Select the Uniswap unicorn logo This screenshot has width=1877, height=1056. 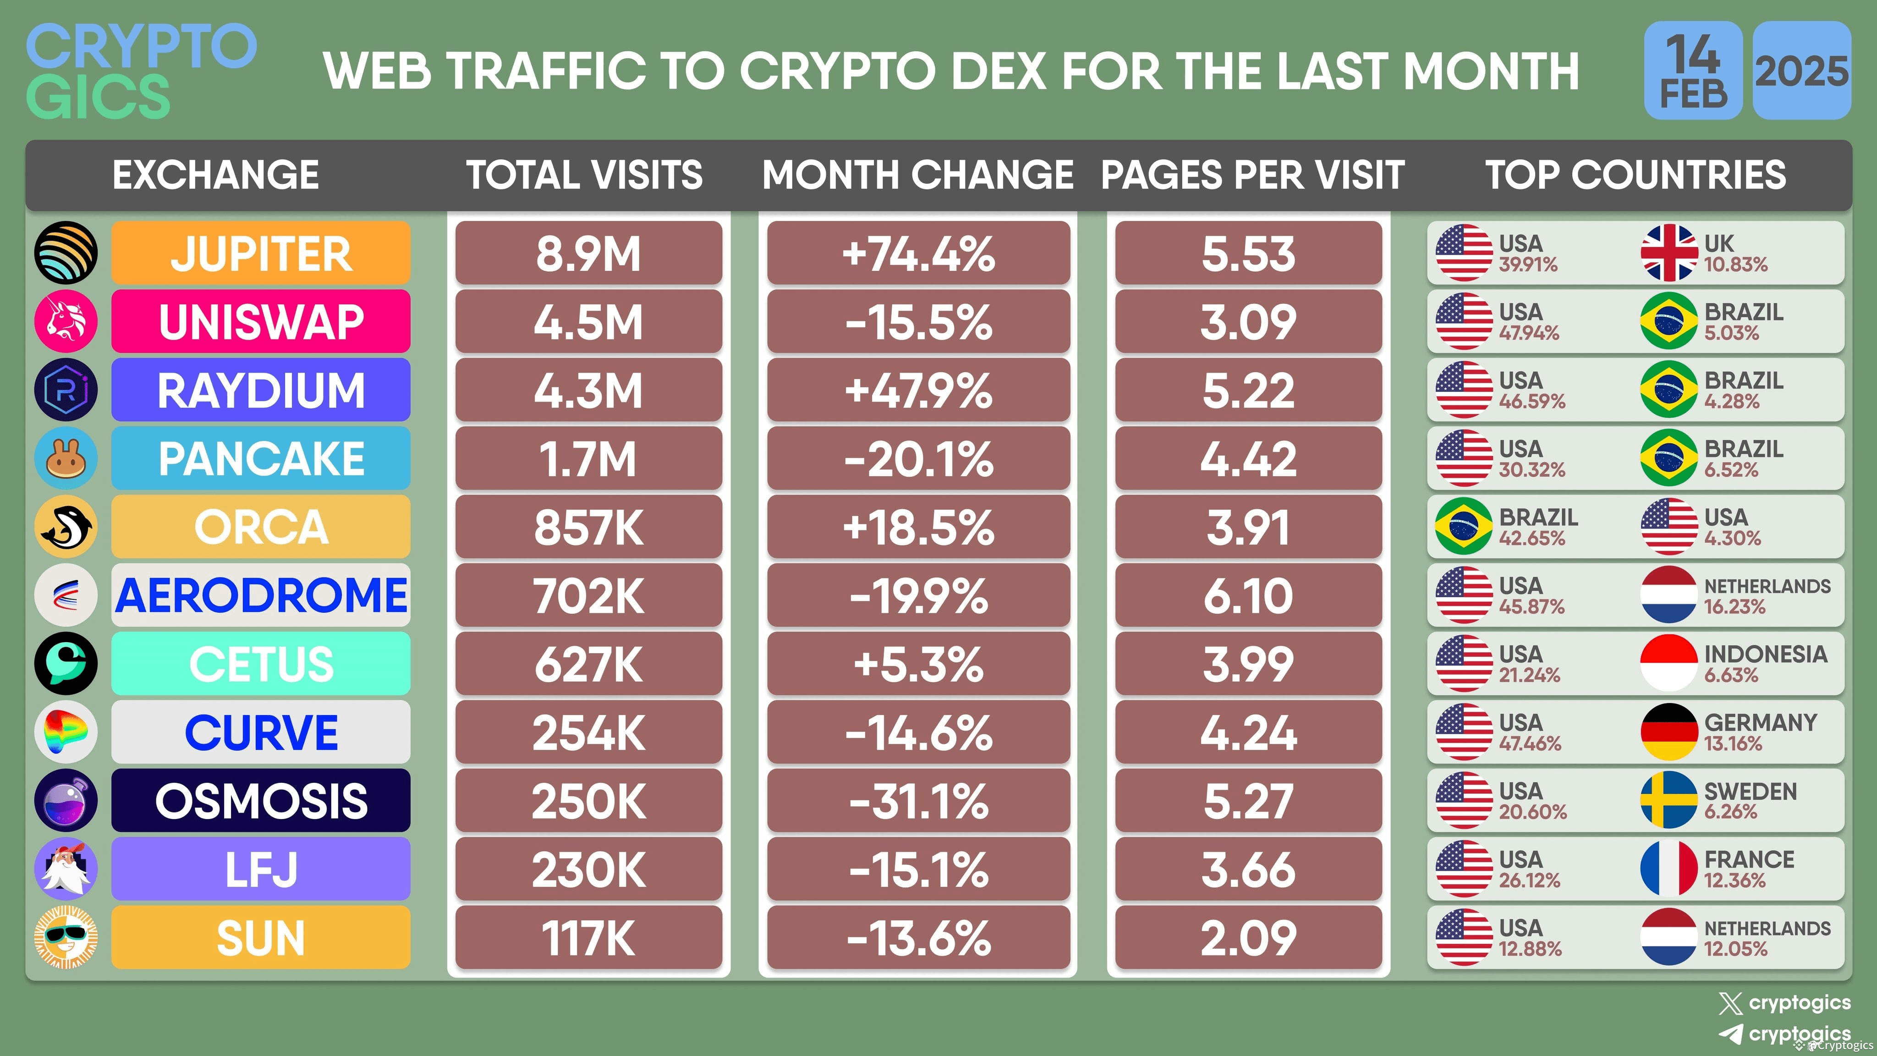click(x=66, y=321)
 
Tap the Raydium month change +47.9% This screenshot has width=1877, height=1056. click(x=918, y=390)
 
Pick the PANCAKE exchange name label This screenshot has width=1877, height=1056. click(x=261, y=458)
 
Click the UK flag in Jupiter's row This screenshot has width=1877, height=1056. click(x=1668, y=253)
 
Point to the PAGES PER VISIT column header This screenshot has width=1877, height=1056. click(x=1252, y=175)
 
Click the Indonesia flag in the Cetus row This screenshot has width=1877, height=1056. click(x=1668, y=663)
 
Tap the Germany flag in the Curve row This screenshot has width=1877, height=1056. click(x=1668, y=731)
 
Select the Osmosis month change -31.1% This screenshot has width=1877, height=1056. click(x=918, y=800)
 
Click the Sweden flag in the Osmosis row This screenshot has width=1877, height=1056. click(x=1668, y=800)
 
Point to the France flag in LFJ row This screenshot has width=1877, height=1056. click(x=1668, y=869)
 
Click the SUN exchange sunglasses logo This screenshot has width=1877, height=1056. click(x=66, y=937)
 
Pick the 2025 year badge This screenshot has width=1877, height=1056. click(x=1801, y=71)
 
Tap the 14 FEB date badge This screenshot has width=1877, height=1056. click(x=1693, y=71)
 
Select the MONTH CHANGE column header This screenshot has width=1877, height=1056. click(x=917, y=175)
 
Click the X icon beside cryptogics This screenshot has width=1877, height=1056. click(x=1730, y=1004)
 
